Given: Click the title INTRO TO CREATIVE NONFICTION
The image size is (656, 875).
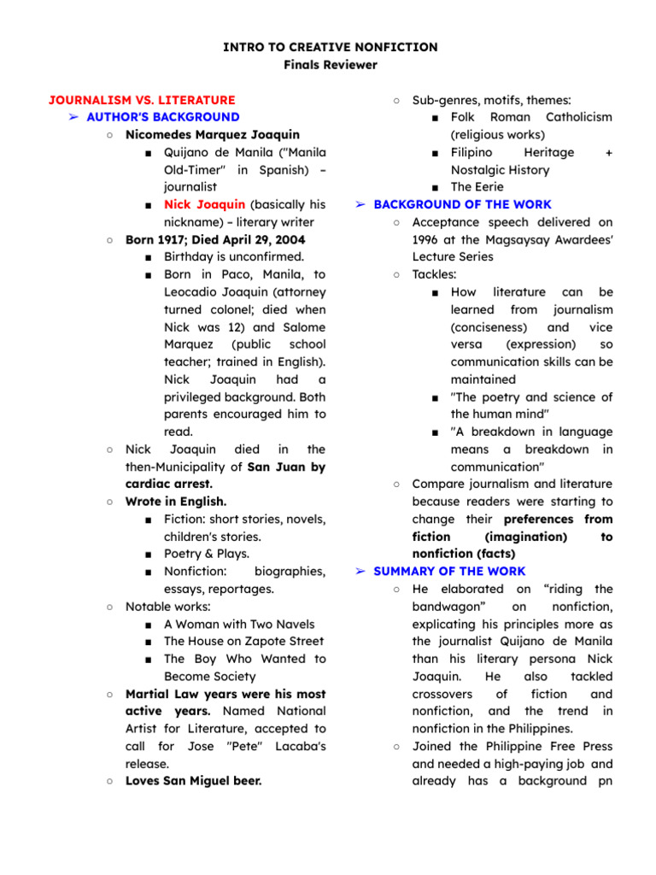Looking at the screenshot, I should coord(330,47).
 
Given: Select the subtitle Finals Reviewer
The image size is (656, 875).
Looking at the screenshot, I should coord(330,65).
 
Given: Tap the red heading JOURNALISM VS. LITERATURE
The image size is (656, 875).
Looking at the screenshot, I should coord(142,100).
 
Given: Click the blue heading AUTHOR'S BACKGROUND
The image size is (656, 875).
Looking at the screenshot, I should coord(163,117).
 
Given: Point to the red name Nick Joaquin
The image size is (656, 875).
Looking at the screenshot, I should coord(204,204).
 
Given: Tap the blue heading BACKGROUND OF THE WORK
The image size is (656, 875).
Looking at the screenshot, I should coord(462,204).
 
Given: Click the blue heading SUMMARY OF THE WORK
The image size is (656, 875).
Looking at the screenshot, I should coord(449,571).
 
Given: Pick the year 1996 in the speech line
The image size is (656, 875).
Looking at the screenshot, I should coord(426,239).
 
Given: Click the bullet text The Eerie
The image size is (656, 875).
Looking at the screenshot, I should coord(477,186).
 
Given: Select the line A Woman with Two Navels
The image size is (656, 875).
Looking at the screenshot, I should coord(238,624).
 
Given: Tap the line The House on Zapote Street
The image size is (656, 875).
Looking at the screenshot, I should coord(243,641).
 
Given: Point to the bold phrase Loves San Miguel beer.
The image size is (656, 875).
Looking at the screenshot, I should coord(193,780).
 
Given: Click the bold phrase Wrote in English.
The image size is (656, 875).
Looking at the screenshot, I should coord(176,502).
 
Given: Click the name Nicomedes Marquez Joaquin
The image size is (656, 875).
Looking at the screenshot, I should coord(213,134).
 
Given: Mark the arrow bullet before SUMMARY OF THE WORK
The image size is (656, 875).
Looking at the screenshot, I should coord(360,571).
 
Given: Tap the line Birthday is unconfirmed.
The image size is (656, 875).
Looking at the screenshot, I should coord(233,256).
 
